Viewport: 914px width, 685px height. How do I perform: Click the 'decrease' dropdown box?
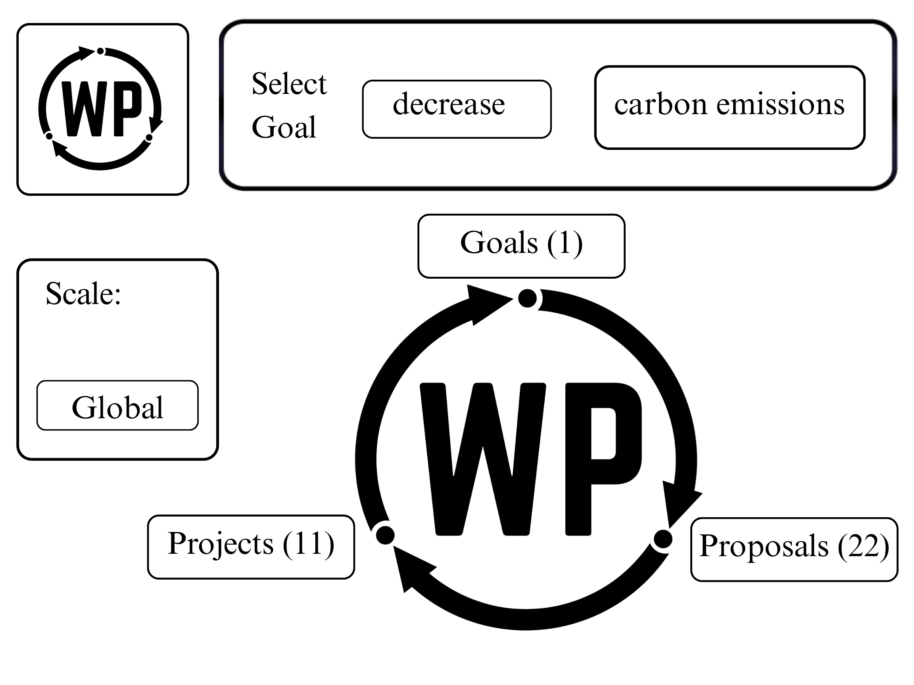click(457, 109)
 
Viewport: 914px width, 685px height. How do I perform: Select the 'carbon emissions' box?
click(730, 107)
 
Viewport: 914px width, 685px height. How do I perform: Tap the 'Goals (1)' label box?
click(521, 246)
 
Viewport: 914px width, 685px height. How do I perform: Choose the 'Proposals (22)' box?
click(794, 549)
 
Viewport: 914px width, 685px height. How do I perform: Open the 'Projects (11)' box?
click(251, 547)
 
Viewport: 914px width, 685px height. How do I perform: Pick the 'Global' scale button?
click(117, 406)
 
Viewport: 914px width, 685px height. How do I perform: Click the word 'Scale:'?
click(83, 294)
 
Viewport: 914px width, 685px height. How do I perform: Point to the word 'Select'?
click(289, 84)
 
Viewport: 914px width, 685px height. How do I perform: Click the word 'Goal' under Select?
click(284, 127)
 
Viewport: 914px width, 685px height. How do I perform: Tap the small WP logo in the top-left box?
click(100, 109)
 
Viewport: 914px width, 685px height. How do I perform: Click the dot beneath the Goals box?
click(527, 298)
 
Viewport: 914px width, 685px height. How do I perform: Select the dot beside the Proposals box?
click(663, 539)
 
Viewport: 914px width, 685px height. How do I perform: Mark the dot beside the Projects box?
click(385, 536)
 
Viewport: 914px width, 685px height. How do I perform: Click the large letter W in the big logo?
click(483, 458)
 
